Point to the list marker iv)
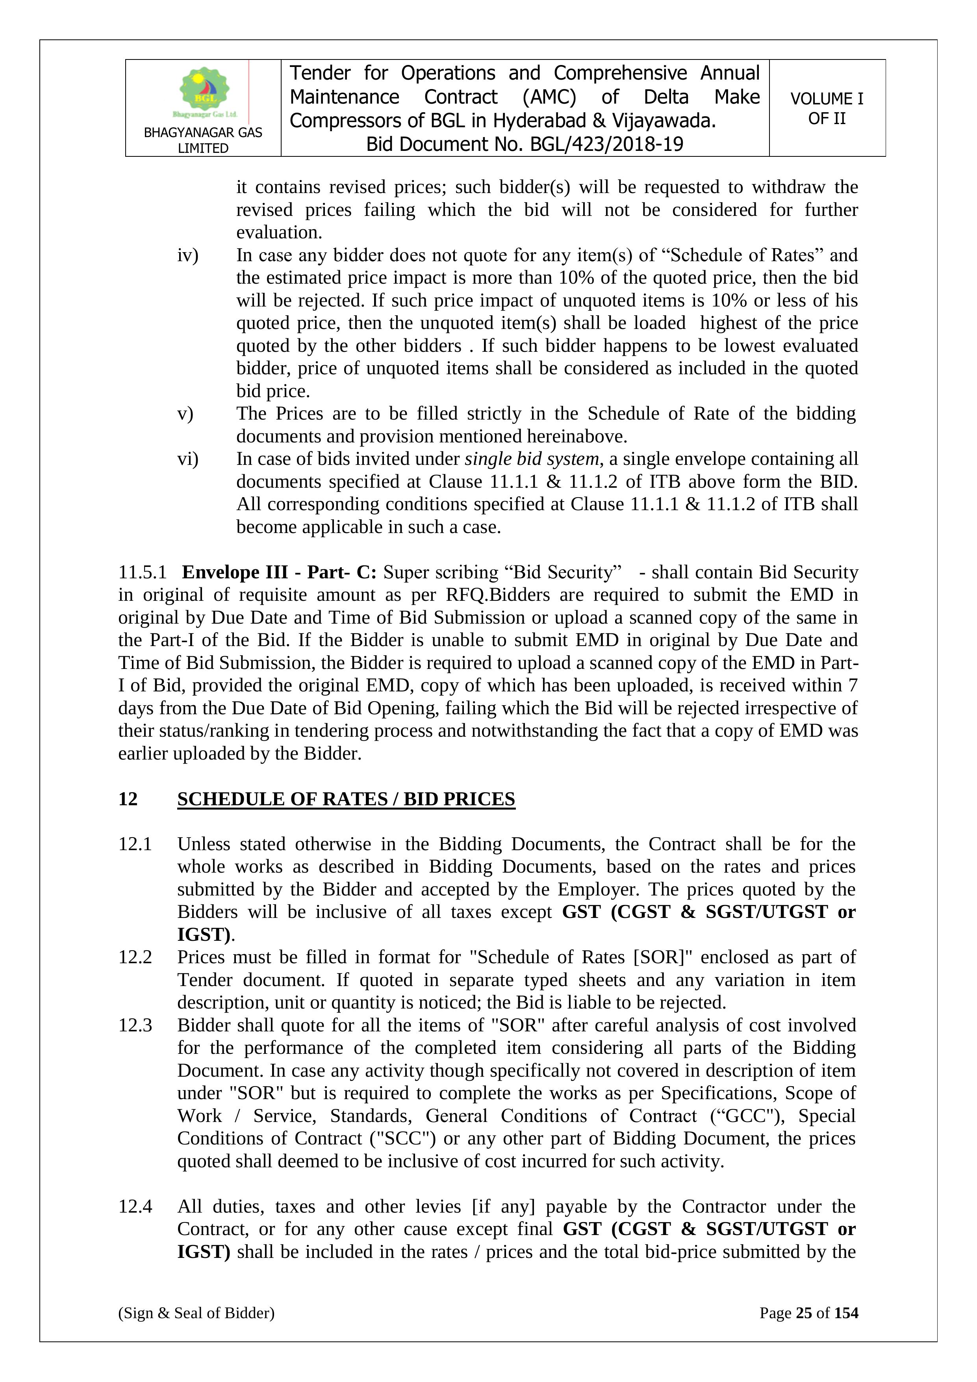tap(187, 255)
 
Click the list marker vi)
tap(187, 459)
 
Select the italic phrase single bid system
tap(532, 459)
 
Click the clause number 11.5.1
tap(142, 572)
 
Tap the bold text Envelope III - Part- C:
tap(279, 572)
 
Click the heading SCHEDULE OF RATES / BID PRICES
tap(346, 799)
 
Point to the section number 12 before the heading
tap(128, 799)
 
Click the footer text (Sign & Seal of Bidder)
tap(196, 1313)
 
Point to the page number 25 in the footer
tap(804, 1313)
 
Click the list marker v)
tap(185, 414)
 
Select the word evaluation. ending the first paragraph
tap(279, 232)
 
